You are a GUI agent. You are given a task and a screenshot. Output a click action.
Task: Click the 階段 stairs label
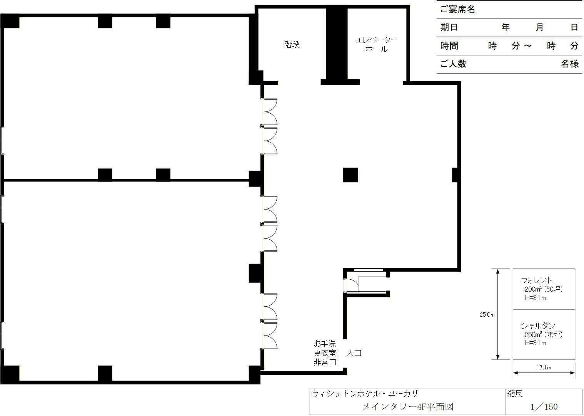(292, 45)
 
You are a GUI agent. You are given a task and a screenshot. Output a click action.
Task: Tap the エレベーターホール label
(376, 44)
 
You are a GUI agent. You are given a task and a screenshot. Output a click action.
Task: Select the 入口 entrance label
(354, 353)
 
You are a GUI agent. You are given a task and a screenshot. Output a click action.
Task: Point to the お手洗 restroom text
(325, 344)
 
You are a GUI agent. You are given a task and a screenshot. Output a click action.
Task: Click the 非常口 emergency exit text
(325, 362)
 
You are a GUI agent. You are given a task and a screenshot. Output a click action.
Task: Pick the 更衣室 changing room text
(325, 353)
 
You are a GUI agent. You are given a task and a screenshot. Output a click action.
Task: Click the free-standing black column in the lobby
(350, 175)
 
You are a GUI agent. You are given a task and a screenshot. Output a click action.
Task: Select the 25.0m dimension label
(487, 315)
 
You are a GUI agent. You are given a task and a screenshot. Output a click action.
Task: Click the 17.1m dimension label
(544, 367)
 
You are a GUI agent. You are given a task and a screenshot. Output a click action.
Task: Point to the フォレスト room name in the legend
(536, 280)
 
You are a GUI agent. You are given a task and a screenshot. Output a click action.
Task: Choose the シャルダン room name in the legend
(538, 326)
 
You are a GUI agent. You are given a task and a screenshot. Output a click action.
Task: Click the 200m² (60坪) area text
(543, 289)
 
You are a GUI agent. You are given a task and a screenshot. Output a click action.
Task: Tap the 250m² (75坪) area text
(543, 334)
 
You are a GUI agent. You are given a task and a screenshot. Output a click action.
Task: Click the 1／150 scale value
(544, 407)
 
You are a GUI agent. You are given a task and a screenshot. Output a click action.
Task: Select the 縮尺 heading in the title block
(515, 394)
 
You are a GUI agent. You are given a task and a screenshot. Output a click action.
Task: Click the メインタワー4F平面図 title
(408, 407)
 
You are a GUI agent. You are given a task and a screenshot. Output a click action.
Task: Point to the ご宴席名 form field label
(457, 10)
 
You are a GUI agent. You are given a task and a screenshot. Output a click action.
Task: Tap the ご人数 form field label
(453, 64)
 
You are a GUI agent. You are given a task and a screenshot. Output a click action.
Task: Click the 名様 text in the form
(569, 64)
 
